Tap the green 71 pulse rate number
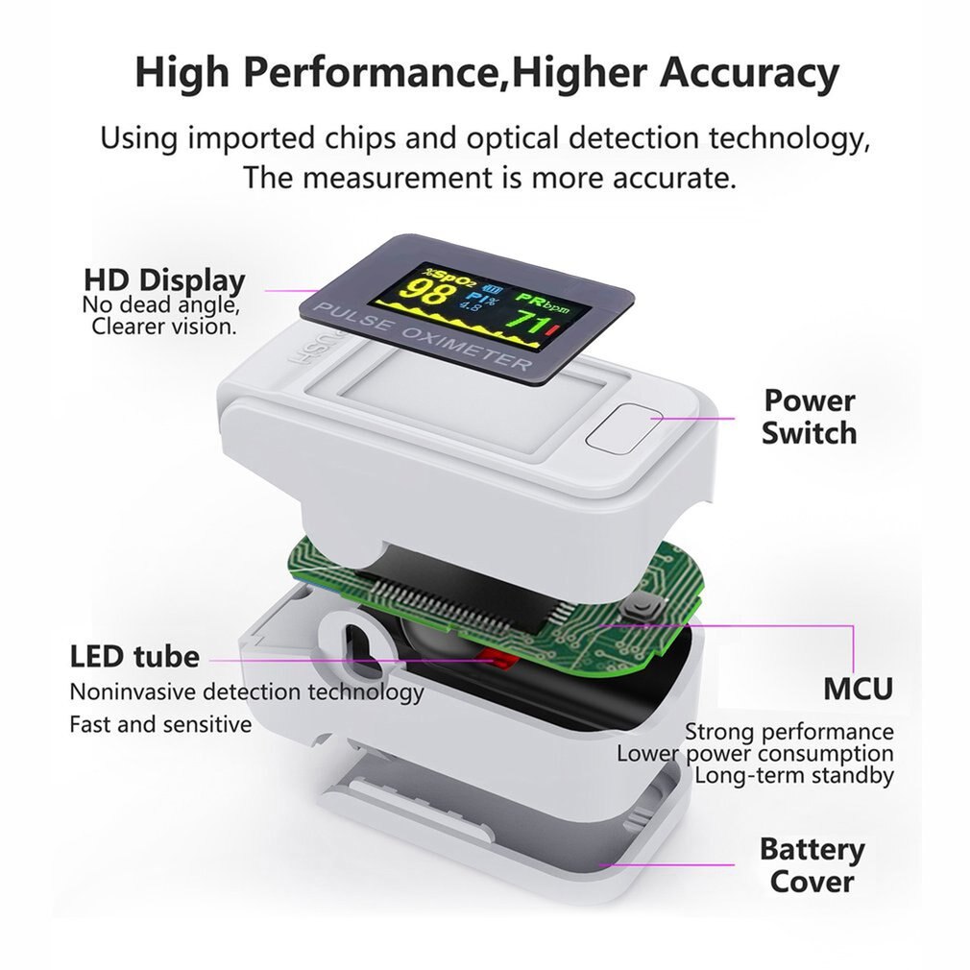tap(525, 323)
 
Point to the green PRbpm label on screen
tap(543, 302)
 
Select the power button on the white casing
tap(623, 426)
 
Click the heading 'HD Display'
tap(164, 280)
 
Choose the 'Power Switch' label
tap(810, 417)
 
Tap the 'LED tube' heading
tap(134, 656)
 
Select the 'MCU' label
tap(858, 689)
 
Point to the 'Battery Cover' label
tap(812, 864)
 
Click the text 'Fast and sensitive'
tap(160, 724)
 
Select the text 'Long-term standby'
tap(794, 774)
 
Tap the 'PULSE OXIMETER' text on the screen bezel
tap(422, 338)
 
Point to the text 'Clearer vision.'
tap(164, 326)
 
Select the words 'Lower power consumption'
tap(755, 754)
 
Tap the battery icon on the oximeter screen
tap(493, 288)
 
